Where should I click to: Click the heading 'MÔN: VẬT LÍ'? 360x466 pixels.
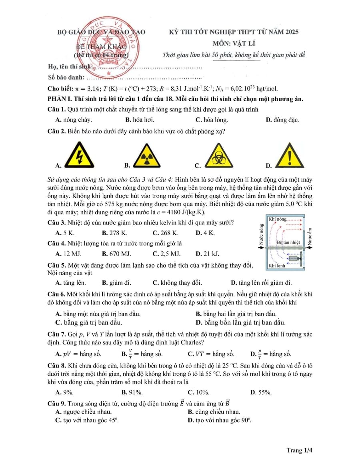[x=234, y=43]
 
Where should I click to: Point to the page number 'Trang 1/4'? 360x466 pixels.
[x=299, y=450]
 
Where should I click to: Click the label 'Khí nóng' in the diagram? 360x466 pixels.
[x=278, y=219]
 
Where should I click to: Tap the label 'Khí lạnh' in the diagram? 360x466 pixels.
[x=277, y=265]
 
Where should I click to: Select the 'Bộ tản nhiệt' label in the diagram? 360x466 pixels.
[x=288, y=242]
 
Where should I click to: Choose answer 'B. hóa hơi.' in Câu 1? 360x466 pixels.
[x=140, y=120]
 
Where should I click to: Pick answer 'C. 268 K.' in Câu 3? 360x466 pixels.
[x=166, y=233]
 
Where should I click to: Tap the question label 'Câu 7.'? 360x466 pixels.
[x=57, y=334]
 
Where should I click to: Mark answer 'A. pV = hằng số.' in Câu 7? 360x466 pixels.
[x=78, y=354]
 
